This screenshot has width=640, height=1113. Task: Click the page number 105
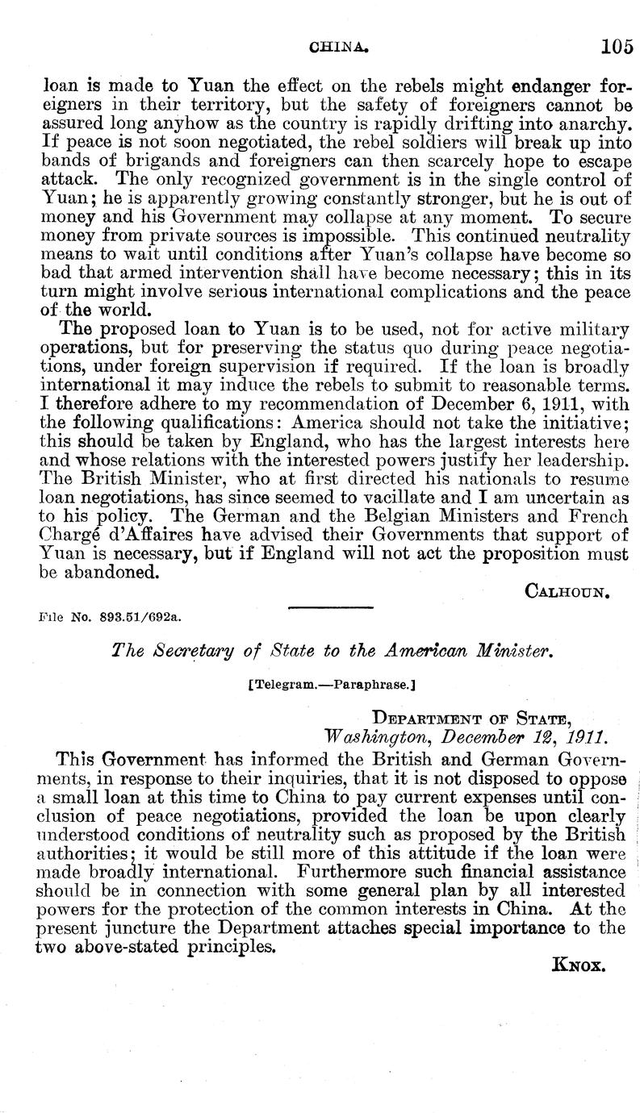[617, 47]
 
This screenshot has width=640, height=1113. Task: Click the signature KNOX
[579, 965]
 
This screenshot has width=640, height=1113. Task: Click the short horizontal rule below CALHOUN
[329, 607]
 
